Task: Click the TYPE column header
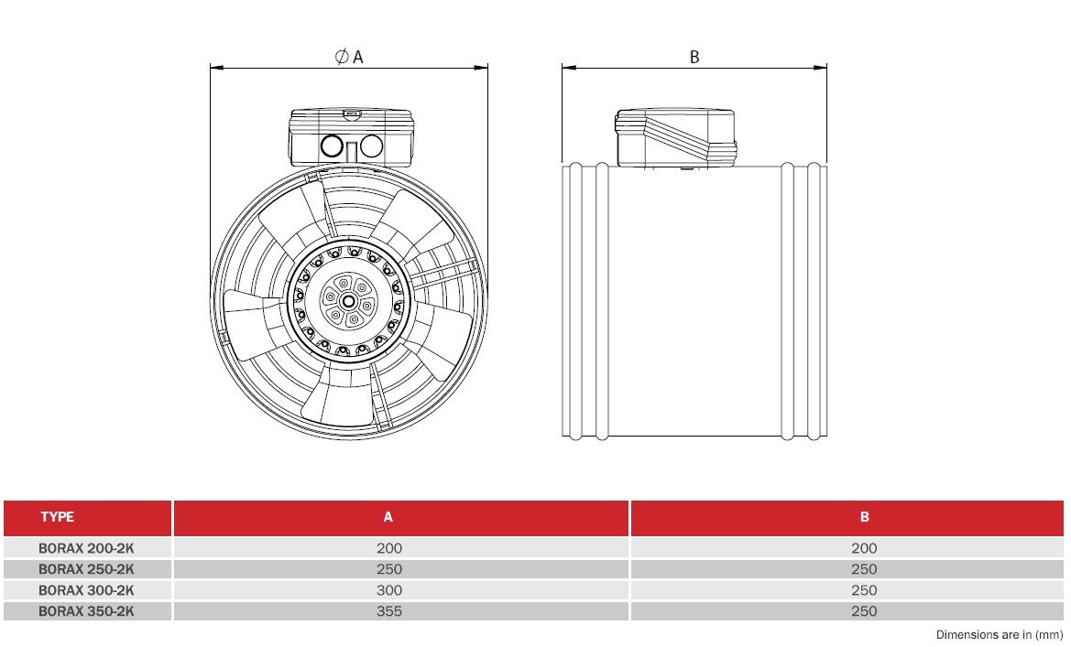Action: pyautogui.click(x=57, y=517)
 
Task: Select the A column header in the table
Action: pyautogui.click(x=388, y=517)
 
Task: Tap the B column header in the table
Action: pyautogui.click(x=864, y=517)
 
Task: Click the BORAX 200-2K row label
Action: pyautogui.click(x=86, y=548)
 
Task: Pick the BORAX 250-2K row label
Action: pyautogui.click(x=86, y=569)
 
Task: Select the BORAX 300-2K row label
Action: pyautogui.click(x=86, y=590)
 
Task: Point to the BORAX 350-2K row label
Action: pyautogui.click(x=86, y=611)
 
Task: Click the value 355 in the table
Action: pyautogui.click(x=389, y=611)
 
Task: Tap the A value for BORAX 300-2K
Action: pyautogui.click(x=389, y=590)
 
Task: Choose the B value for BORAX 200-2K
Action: pyautogui.click(x=864, y=548)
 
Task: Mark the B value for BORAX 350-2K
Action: pyautogui.click(x=864, y=611)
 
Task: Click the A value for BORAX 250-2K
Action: pyautogui.click(x=389, y=569)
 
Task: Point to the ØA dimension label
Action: pyautogui.click(x=349, y=57)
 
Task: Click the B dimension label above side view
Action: pyautogui.click(x=694, y=58)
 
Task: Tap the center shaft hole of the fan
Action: pyautogui.click(x=349, y=301)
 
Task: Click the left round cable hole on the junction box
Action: pyautogui.click(x=332, y=146)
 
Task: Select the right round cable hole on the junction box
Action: pyautogui.click(x=372, y=146)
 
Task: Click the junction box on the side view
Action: pyautogui.click(x=675, y=138)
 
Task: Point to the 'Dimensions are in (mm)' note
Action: pyautogui.click(x=1000, y=635)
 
